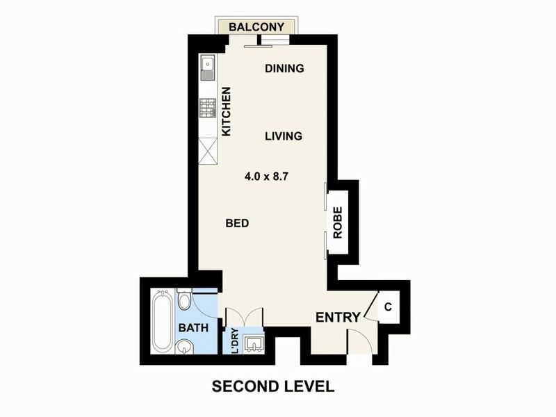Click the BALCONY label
pos(256,27)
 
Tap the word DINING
pos(284,68)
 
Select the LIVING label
pos(284,136)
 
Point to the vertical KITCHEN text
pos(227,111)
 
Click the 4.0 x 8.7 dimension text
pos(266,177)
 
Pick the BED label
pos(237,223)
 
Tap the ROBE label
pos(338,222)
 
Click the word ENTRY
pos(338,318)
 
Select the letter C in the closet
pos(389,306)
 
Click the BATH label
pos(193,327)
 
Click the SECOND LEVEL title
pos(273,386)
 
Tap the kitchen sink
pos(207,67)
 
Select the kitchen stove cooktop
pos(208,108)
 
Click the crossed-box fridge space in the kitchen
pos(207,152)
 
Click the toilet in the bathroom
pos(184,299)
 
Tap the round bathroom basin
pos(185,347)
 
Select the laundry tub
pos(252,343)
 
